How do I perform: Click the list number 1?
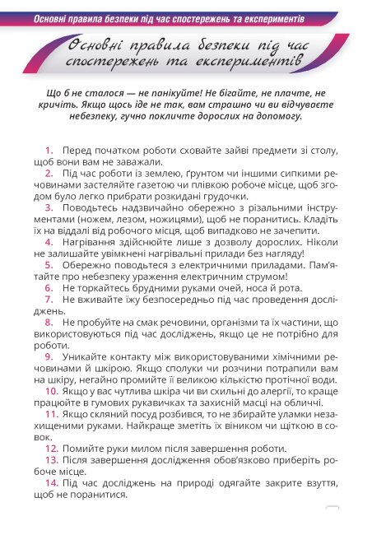(50, 149)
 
